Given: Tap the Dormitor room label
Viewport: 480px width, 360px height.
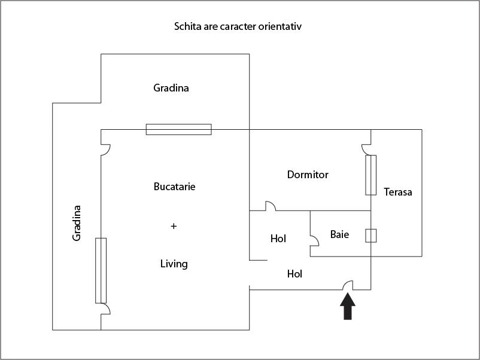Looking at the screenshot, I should [x=308, y=175].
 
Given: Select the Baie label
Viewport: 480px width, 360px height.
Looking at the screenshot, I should [x=339, y=234].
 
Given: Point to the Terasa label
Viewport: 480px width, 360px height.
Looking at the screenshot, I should [x=398, y=192].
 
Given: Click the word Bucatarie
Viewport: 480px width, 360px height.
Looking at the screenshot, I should [x=174, y=187].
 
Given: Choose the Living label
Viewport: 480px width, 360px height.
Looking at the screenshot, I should [x=174, y=264].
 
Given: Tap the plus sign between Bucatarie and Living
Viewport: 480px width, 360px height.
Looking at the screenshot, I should [x=174, y=226].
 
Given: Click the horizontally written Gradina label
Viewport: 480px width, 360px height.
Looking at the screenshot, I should [x=171, y=88].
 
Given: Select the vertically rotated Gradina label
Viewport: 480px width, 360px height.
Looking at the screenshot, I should [x=77, y=223].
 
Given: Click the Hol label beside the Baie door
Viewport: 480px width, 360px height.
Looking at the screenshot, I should [x=278, y=239].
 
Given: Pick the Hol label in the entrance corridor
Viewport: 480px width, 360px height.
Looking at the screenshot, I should [x=294, y=274].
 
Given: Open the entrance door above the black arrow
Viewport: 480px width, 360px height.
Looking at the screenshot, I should [x=347, y=285].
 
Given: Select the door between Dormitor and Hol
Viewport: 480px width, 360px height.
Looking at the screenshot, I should [x=270, y=206].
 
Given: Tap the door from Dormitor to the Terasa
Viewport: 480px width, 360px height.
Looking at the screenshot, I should [x=366, y=149].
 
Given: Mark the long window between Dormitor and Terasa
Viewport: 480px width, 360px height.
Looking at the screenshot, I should [x=371, y=175].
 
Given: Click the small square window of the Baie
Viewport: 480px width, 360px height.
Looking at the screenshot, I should [x=371, y=235].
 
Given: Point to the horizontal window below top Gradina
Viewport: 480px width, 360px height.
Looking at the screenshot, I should [x=179, y=129].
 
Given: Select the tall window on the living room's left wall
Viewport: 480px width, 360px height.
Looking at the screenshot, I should [x=101, y=270].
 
